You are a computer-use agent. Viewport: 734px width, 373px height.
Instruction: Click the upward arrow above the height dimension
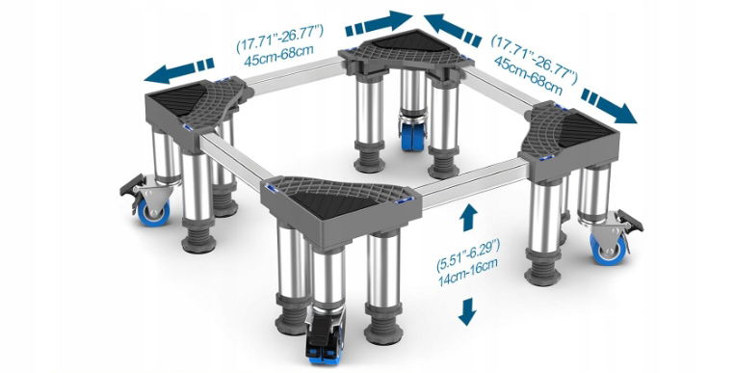468,218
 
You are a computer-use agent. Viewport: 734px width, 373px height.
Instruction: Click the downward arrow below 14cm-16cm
467,312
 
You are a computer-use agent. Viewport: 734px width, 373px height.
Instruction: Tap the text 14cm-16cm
467,278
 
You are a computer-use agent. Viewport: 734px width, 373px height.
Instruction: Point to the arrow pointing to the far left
179,71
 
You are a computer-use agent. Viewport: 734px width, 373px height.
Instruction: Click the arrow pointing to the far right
609,106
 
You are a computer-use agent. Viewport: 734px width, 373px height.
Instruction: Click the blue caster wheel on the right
606,249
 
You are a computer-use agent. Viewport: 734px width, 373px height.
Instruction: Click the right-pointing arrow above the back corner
379,23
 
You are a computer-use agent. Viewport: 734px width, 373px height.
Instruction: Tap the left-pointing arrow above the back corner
453,30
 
